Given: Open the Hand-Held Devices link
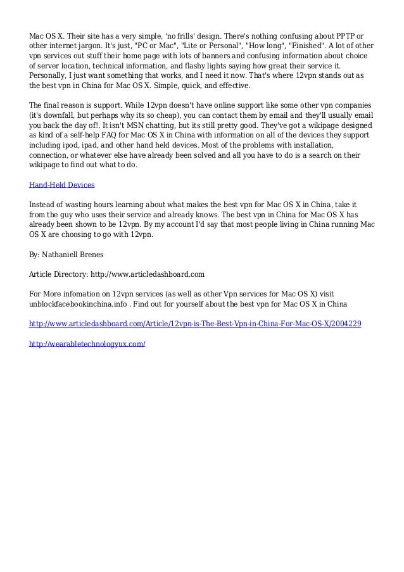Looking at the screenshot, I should [x=62, y=185].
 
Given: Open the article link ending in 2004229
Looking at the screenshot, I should [x=196, y=323].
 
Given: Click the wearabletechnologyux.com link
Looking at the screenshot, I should [x=88, y=343].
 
